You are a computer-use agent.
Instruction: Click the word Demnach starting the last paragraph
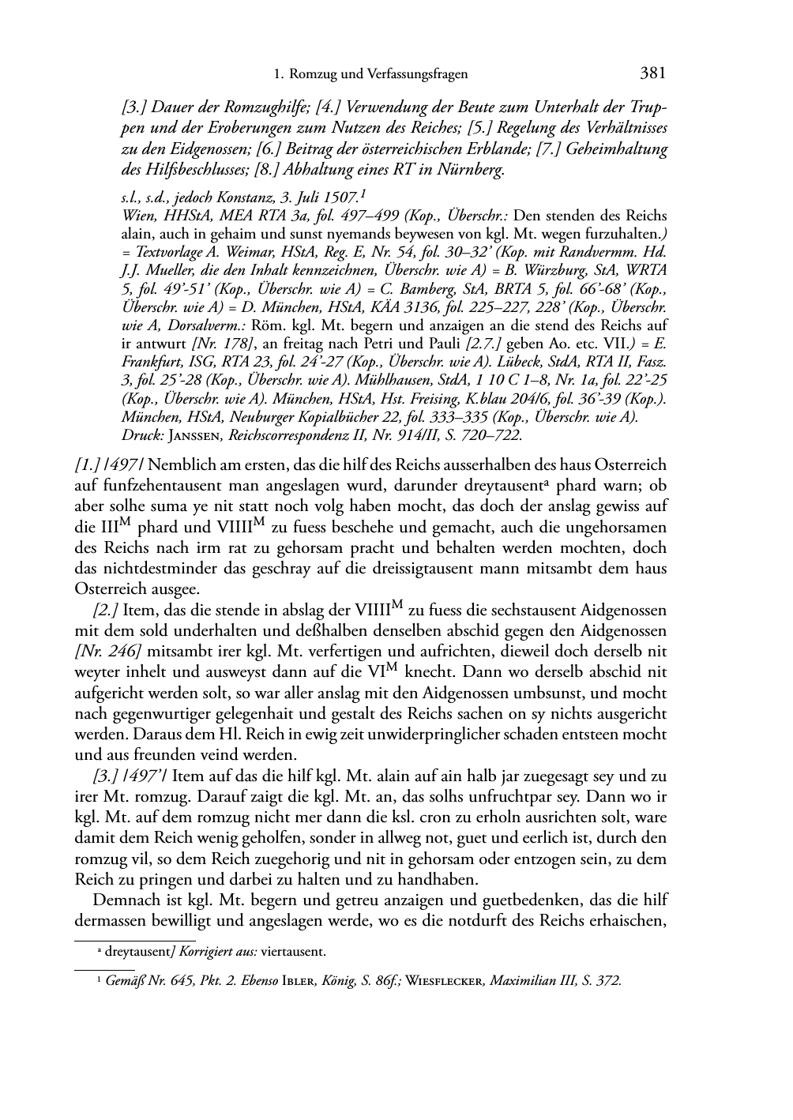click(124, 900)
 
